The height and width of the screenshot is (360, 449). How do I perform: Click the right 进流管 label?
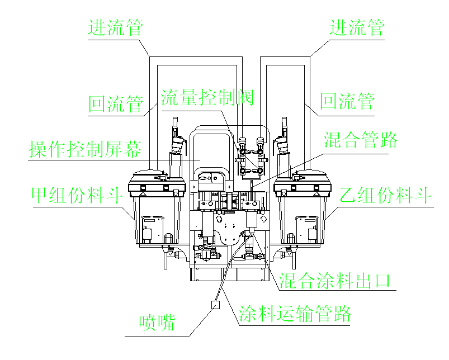357,28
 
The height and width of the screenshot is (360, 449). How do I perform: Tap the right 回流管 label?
347,102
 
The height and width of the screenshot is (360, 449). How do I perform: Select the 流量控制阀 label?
207,98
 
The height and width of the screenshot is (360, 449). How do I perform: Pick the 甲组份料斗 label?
77,196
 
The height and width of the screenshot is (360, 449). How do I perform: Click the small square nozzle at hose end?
215,305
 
